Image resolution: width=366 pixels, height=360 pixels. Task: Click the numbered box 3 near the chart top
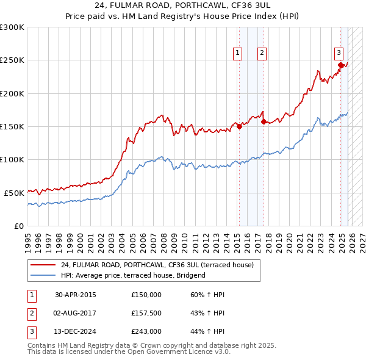(x=339, y=52)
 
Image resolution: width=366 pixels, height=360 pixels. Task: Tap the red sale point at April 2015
(x=239, y=127)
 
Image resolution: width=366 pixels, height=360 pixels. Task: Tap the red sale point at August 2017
(x=263, y=121)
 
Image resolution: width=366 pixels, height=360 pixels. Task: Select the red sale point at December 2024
(x=340, y=65)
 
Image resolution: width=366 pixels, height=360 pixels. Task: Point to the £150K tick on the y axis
(x=12, y=127)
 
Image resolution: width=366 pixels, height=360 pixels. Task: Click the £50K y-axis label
(x=14, y=193)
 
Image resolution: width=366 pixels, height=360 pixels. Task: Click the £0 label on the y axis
(x=20, y=226)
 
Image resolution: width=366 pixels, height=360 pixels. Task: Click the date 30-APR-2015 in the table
(x=75, y=295)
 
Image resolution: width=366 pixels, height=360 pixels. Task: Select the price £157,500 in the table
(x=146, y=313)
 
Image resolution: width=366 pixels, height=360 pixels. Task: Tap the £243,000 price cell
(x=146, y=331)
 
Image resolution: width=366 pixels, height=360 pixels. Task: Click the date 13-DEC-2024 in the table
(x=75, y=331)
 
